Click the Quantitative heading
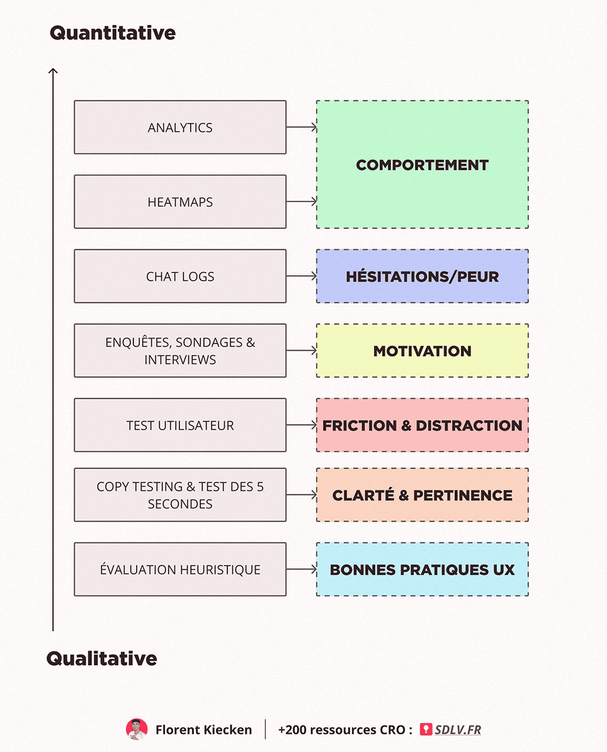coord(113,33)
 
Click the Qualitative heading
coord(101,659)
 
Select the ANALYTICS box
coord(180,127)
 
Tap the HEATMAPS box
coord(180,202)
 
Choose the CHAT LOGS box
coord(180,276)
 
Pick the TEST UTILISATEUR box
coord(180,425)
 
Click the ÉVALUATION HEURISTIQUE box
coord(180,569)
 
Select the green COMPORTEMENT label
coord(423,165)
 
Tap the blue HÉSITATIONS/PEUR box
coord(423,276)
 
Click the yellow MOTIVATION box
coord(423,351)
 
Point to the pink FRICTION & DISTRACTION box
coord(423,425)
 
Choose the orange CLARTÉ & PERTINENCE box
coord(423,495)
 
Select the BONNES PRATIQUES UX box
coord(423,569)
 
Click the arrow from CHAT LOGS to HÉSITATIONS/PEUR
coord(302,276)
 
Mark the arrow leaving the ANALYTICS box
coord(302,127)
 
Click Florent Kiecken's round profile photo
coord(137,729)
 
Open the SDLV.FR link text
coord(458,730)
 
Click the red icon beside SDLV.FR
coord(426,729)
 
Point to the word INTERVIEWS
coord(180,360)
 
